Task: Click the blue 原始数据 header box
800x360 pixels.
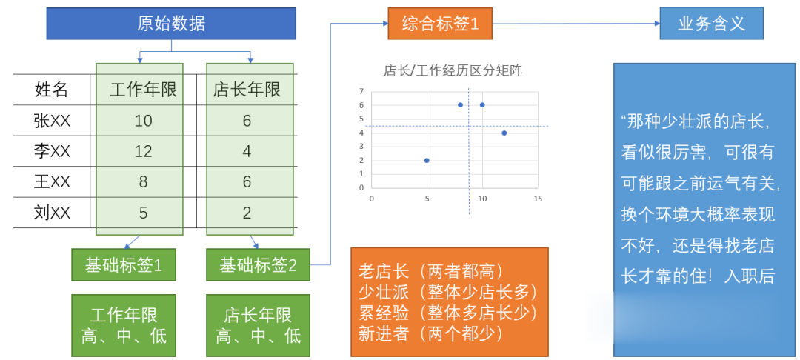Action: point(171,24)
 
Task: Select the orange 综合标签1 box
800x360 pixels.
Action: point(440,24)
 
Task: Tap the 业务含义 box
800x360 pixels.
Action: point(711,24)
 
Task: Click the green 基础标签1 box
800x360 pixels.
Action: point(124,264)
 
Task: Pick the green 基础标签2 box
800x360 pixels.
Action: point(259,264)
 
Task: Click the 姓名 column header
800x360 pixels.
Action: point(51,90)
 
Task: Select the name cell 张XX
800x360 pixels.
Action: point(52,121)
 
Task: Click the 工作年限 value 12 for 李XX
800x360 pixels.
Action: point(144,151)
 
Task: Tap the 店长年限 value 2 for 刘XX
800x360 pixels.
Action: point(247,213)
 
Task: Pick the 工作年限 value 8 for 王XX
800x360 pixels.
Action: point(144,182)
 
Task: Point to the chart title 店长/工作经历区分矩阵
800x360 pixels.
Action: point(453,71)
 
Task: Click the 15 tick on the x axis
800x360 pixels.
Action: point(537,199)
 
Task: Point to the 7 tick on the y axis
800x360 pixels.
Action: point(361,91)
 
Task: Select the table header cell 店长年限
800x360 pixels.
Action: point(247,90)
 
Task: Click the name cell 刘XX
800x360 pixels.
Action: point(52,213)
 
